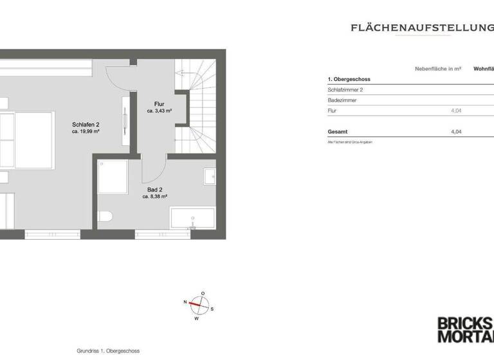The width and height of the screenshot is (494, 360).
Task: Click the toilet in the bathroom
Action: pyautogui.click(x=105, y=216)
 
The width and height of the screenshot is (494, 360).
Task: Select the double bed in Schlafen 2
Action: pyautogui.click(x=26, y=140)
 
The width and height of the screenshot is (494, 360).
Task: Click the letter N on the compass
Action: pyautogui.click(x=185, y=301)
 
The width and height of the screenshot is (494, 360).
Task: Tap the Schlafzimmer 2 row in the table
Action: pyautogui.click(x=345, y=90)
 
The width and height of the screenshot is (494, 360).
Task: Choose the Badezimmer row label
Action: pyautogui.click(x=342, y=100)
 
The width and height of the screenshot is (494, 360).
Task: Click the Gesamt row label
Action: pyautogui.click(x=338, y=131)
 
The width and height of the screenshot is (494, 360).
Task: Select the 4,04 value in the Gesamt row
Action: pyautogui.click(x=456, y=131)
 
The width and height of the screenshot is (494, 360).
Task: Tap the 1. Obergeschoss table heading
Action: pyautogui.click(x=349, y=79)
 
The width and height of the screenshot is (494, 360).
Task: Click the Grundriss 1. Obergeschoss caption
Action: pyautogui.click(x=108, y=350)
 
